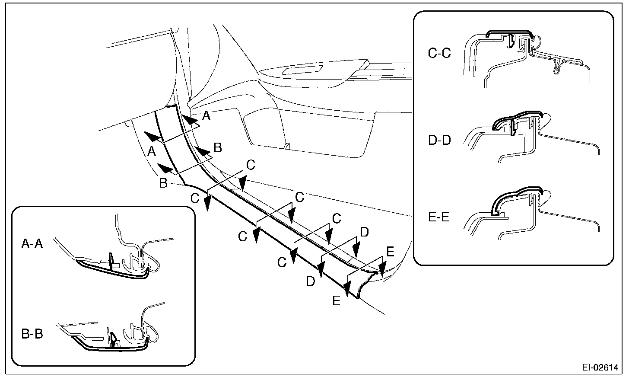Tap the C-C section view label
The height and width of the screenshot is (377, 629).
439,54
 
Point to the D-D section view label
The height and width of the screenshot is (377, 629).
439,141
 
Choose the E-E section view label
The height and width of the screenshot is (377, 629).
438,216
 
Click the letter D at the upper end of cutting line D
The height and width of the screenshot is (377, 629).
364,233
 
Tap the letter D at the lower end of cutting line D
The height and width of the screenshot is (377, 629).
311,281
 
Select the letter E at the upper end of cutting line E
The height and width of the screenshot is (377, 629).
390,252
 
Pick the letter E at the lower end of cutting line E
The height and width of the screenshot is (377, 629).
337,300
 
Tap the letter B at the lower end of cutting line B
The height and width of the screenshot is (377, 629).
163,183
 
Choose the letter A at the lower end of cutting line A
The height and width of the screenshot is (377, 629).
151,151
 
